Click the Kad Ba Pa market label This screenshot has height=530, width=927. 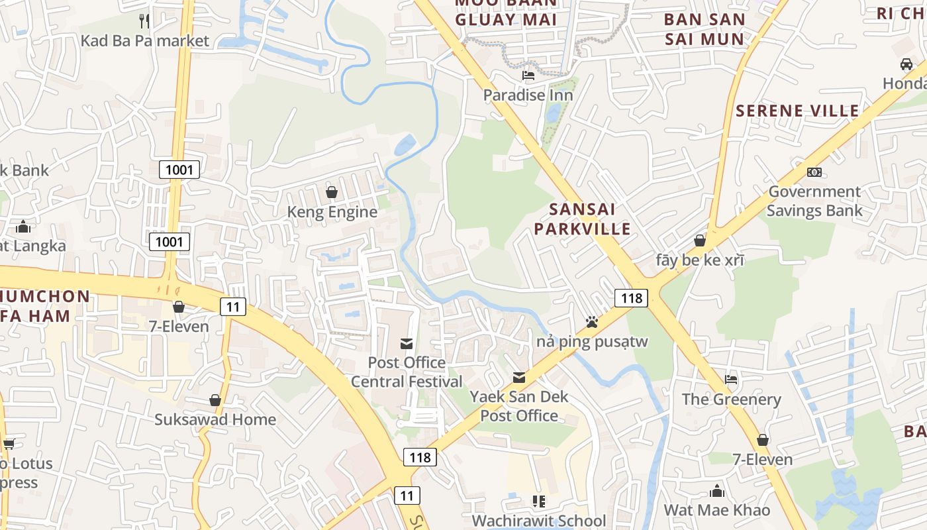[144, 40]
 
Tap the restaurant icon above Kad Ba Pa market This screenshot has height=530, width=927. [144, 21]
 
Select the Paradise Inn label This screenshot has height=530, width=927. [528, 95]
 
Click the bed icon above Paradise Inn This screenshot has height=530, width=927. [528, 75]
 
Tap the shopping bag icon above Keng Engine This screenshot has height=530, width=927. [332, 192]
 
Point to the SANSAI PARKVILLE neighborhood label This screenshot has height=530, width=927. [582, 219]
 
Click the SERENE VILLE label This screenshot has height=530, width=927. [797, 111]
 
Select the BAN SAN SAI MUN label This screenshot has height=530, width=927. [705, 29]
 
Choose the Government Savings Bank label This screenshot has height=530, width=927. [814, 201]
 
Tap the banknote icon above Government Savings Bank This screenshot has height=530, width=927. [814, 172]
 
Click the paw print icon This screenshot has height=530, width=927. [592, 322]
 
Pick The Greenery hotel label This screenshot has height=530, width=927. [732, 399]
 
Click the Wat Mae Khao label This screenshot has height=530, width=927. [717, 510]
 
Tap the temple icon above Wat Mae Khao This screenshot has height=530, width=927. [717, 491]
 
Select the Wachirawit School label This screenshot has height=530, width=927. [538, 521]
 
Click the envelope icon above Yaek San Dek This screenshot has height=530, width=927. [519, 378]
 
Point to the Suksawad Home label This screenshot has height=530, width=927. [215, 419]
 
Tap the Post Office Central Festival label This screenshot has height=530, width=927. [407, 372]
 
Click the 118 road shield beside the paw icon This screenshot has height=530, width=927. [631, 298]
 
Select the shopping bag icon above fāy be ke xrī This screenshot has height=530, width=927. [700, 240]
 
